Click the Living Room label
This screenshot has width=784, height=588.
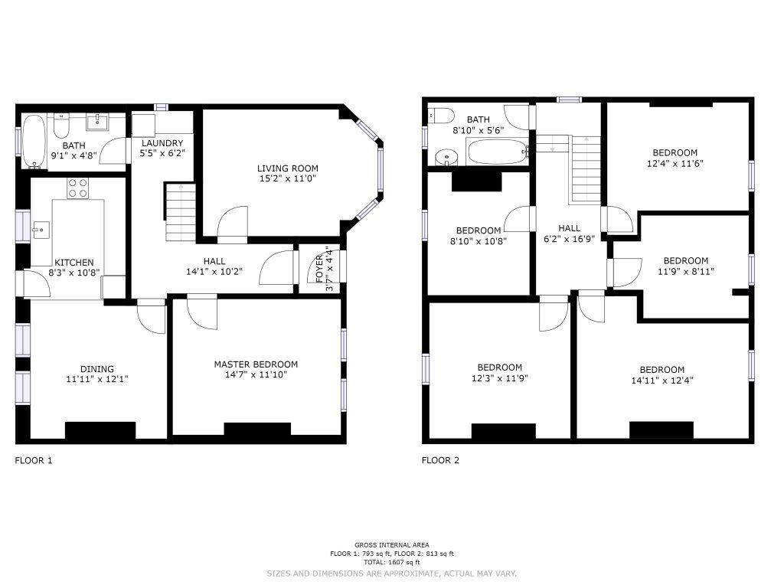coord(288,168)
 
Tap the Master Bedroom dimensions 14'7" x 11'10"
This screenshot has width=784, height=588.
coord(256,374)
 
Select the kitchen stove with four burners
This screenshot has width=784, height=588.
coord(78,188)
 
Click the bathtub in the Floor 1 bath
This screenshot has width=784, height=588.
coord(34,142)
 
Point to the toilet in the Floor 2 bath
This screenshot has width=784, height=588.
coord(441,116)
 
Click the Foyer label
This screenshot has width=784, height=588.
coord(319,269)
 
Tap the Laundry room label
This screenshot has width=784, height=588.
coord(162,143)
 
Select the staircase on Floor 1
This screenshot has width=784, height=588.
coord(181,213)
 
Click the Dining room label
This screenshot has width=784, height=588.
coord(97,369)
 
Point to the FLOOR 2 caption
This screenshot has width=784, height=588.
coord(440,460)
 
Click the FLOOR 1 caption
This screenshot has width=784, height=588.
coord(34,460)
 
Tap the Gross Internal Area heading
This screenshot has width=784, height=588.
coord(392,545)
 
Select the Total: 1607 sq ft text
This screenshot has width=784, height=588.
coord(392,562)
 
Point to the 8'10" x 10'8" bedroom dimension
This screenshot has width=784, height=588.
coord(479,241)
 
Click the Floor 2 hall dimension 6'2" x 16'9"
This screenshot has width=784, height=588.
coord(569,239)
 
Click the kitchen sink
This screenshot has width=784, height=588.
coord(41,230)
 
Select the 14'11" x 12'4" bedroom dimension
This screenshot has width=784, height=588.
coord(662,380)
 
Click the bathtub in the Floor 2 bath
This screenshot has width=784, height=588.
coord(498,151)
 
